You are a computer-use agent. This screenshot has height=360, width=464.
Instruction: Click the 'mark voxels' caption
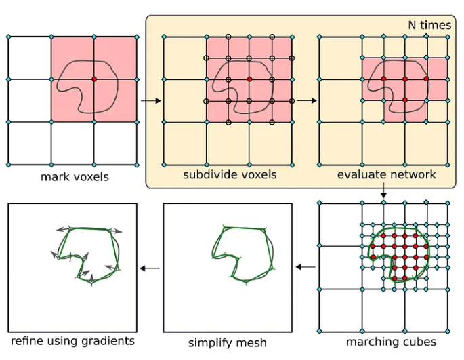[x=75, y=178]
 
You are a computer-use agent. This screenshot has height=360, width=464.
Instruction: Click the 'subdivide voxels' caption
[x=230, y=174]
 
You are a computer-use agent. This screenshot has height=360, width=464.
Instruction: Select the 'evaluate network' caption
[x=386, y=174]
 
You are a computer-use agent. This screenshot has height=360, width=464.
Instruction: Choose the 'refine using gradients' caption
[x=72, y=341]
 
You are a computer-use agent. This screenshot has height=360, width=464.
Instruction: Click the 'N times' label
[x=429, y=25]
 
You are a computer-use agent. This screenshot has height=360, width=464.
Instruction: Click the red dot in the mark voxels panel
[x=94, y=79]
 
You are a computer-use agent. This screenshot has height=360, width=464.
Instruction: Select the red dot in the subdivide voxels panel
[x=249, y=79]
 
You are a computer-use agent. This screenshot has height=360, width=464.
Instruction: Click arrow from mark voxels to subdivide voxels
[x=150, y=101]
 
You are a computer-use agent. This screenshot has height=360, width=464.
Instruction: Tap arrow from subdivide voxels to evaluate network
[x=306, y=101]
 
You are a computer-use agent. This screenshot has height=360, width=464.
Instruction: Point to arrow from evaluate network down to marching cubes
[x=383, y=191]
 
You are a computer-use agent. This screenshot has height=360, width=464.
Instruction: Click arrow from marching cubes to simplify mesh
[x=306, y=266]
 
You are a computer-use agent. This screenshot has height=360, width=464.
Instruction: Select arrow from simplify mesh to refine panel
[x=150, y=268]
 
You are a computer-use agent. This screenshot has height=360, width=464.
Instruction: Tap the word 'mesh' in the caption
[x=252, y=343]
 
